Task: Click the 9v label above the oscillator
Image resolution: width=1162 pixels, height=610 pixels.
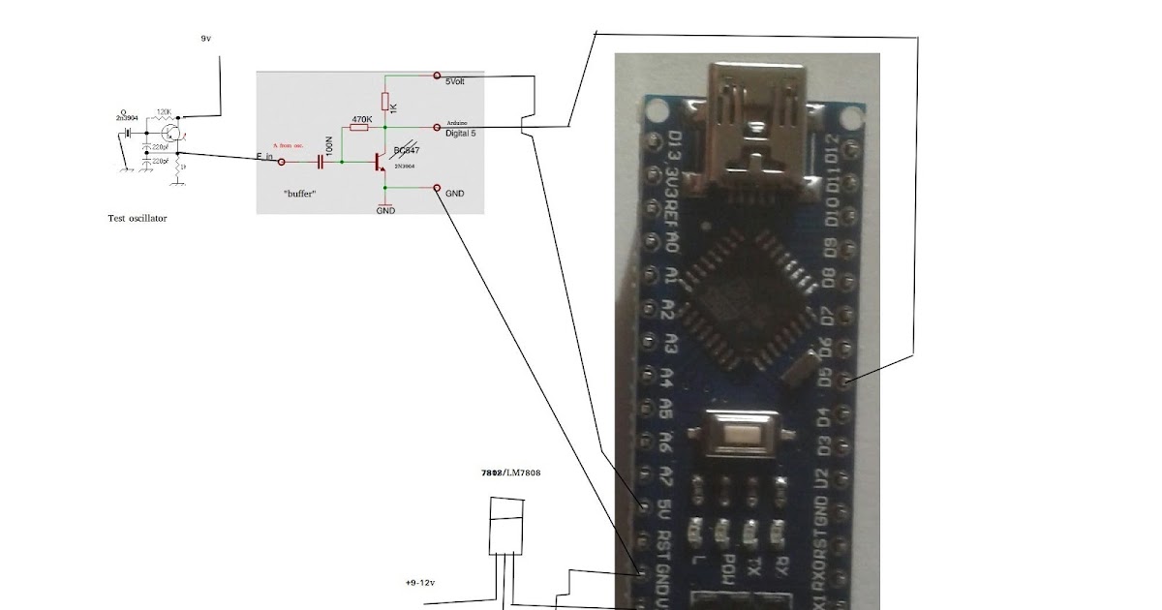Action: click(x=205, y=38)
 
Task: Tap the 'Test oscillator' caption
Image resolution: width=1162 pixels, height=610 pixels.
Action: click(x=137, y=219)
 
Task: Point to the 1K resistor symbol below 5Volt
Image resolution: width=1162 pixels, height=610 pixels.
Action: click(x=385, y=102)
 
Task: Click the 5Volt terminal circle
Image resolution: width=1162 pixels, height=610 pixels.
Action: click(x=438, y=76)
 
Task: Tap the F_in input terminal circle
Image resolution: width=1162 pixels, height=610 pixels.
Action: click(x=282, y=164)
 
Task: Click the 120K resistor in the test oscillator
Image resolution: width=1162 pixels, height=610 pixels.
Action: click(x=162, y=113)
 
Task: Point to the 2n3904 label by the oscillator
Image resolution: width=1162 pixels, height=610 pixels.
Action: click(x=126, y=116)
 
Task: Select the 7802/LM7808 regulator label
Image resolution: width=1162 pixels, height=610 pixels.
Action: click(x=510, y=473)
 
